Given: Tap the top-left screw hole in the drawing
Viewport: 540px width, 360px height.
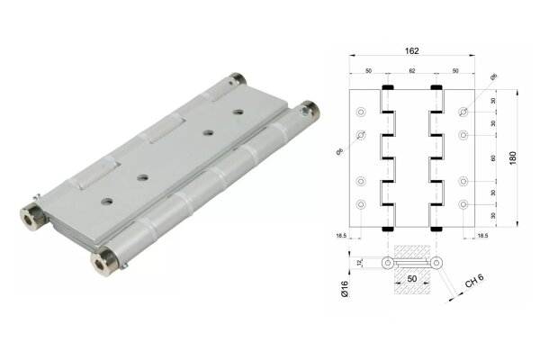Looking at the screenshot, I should (361, 113).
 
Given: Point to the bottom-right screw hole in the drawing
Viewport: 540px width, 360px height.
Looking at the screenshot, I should (463, 206).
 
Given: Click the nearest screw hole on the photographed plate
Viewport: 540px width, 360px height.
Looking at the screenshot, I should (107, 198).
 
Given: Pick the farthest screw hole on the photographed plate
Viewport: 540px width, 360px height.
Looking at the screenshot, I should (238, 113).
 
